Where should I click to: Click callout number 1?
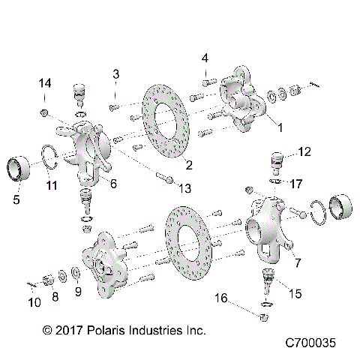280,128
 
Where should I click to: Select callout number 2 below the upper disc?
189,165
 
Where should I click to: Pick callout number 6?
113,182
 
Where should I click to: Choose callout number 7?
298,262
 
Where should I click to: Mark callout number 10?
34,302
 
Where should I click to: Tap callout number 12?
303,152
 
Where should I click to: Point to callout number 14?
44,83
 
